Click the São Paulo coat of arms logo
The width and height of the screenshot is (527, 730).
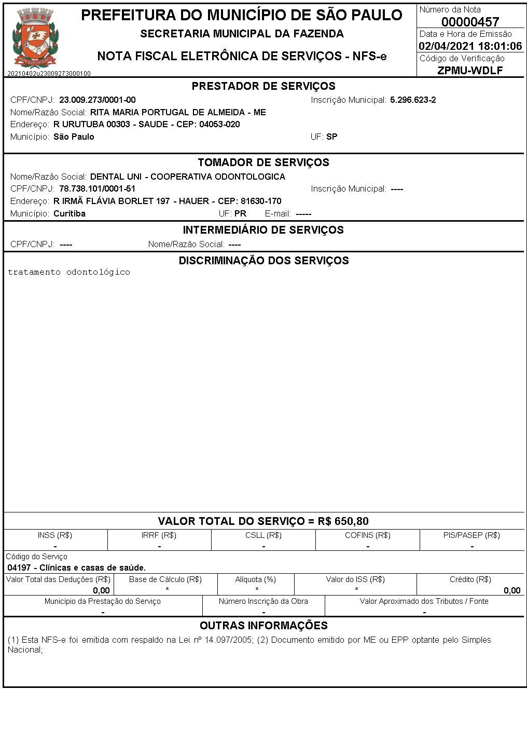(x=35, y=39)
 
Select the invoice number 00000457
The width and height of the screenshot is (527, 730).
(x=470, y=22)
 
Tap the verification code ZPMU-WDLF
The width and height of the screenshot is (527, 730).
(x=470, y=71)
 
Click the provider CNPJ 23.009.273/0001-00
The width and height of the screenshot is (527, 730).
(x=98, y=100)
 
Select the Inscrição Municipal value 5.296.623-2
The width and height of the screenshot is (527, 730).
(x=413, y=100)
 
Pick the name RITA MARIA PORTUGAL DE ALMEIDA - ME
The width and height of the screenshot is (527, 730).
(x=178, y=112)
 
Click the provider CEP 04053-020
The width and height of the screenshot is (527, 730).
(x=219, y=125)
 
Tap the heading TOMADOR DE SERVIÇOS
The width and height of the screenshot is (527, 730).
(x=263, y=163)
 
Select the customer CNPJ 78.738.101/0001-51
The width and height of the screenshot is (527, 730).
(x=97, y=189)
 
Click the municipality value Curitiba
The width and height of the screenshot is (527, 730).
(x=70, y=213)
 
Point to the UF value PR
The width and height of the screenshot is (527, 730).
(x=240, y=213)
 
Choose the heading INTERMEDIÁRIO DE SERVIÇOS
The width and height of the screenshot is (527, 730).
(x=263, y=230)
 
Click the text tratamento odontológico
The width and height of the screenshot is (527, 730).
(x=69, y=272)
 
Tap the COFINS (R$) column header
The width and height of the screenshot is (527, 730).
(x=368, y=535)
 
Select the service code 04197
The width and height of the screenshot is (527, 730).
(x=19, y=567)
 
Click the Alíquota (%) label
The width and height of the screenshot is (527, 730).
(x=256, y=579)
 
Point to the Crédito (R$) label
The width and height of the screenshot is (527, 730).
(x=470, y=579)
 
